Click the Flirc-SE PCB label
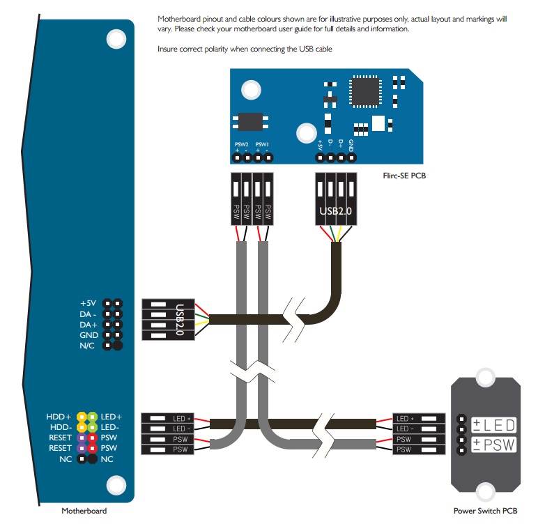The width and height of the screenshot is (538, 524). coord(404,176)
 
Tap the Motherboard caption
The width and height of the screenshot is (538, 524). coord(84,511)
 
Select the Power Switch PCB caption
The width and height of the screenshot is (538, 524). coord(485,511)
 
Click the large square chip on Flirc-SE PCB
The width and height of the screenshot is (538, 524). coord(365,91)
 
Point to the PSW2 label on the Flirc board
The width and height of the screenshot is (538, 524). coord(242,144)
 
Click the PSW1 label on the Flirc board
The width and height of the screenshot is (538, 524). coord(262,144)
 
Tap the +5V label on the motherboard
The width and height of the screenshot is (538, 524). coord(89,303)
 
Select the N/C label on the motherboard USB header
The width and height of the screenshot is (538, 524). coord(87,346)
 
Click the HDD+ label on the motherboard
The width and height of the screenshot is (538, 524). coord(59,417)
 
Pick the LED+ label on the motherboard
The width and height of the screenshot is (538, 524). coord(112,417)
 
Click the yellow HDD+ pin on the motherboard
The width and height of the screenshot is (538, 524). coord(82,417)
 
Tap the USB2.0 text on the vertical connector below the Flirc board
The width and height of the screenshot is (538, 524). coord(336,210)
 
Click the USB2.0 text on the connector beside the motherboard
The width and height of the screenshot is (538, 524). coord(180,319)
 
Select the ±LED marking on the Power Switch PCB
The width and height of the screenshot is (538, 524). coord(493,425)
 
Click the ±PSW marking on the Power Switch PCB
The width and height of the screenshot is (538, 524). coord(493,445)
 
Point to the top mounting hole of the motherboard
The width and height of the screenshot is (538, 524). coord(116,39)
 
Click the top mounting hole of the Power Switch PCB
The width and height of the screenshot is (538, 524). coord(485,377)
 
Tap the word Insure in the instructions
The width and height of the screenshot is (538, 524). coord(167,49)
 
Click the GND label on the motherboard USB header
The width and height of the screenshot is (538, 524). coord(89,335)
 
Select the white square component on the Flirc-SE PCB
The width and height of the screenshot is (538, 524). coord(378,123)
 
